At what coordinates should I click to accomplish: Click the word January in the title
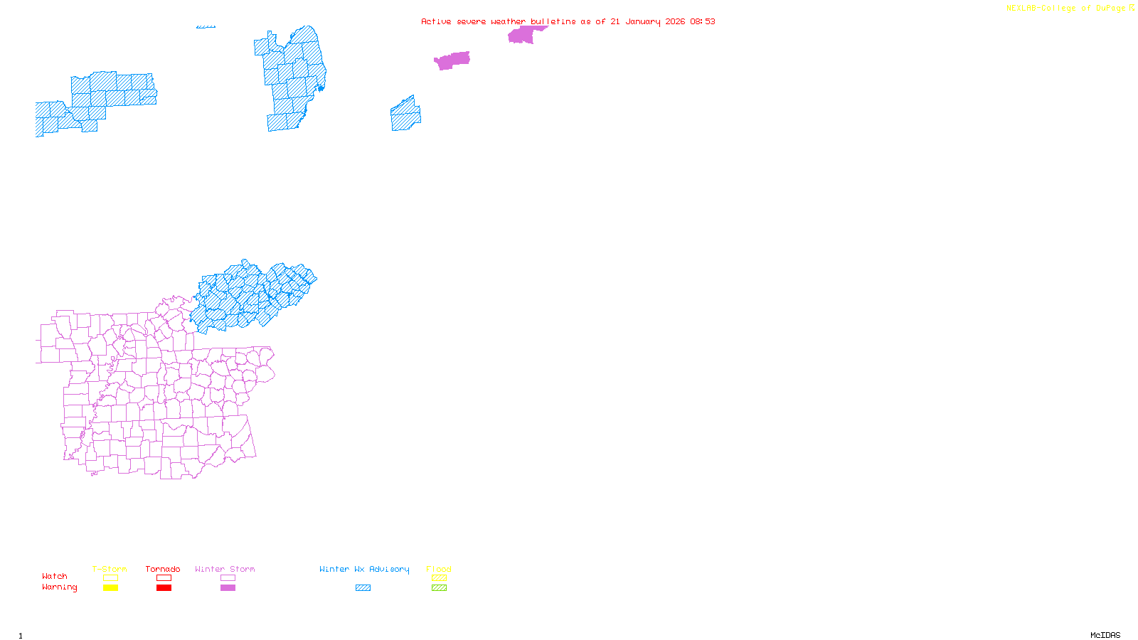642,21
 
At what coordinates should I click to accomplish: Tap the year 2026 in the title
676,21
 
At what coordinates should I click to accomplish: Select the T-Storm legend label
110,569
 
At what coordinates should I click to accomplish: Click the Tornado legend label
163,569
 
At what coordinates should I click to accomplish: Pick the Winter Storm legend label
225,569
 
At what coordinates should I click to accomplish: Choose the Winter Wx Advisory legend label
364,569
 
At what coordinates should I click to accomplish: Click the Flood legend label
439,569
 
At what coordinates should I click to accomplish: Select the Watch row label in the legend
55,576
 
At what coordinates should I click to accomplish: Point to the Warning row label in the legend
60,587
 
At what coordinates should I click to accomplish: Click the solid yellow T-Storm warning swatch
110,588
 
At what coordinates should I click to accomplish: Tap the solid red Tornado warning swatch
164,588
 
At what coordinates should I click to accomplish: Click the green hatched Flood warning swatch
440,588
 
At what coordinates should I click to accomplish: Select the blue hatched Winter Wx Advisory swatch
363,588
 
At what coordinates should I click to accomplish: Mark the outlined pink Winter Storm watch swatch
228,578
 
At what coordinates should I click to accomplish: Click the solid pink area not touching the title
452,60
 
